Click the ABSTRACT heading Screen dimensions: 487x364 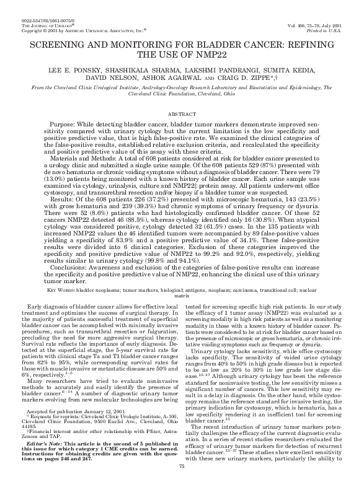(182, 115)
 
